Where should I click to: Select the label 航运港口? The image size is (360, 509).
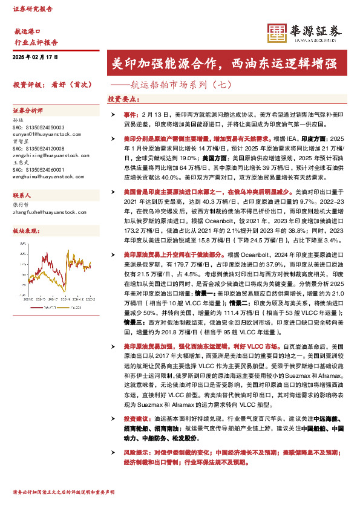[x=27, y=30]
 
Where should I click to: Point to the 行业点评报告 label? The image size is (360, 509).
[x=36, y=42]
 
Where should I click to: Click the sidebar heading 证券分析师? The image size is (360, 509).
[x=28, y=111]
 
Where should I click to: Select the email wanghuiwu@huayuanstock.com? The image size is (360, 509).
[x=48, y=177]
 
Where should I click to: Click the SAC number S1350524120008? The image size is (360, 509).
[x=38, y=149]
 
